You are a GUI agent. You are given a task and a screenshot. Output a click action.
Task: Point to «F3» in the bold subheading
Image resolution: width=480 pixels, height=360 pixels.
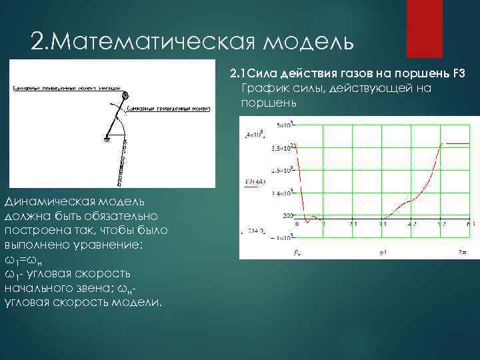click(459, 73)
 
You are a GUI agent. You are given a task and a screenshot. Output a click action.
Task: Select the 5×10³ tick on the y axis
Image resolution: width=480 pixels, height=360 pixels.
click(283, 125)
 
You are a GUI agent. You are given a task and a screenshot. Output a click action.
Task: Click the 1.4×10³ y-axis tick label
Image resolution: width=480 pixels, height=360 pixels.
click(281, 193)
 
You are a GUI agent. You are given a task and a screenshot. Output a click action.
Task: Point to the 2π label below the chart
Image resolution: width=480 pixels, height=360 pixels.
click(463, 252)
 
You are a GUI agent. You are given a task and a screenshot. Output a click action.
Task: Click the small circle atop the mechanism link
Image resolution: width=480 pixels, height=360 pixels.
click(125, 95)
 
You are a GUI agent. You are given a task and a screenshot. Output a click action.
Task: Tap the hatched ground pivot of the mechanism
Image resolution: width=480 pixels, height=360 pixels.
click(106, 139)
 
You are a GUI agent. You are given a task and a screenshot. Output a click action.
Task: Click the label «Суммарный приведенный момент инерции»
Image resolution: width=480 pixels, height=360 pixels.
click(66, 88)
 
